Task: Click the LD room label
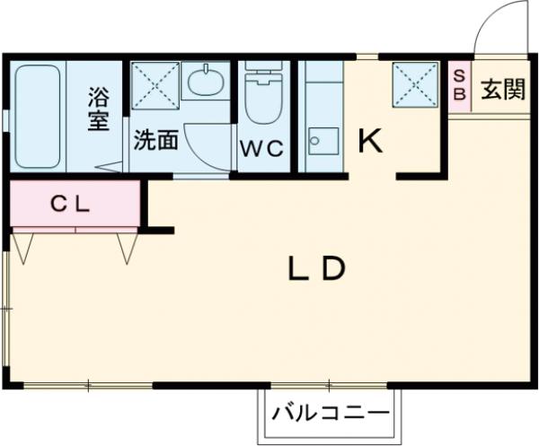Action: (x=316, y=268)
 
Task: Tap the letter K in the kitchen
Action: (x=371, y=141)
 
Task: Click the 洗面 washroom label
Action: (x=155, y=140)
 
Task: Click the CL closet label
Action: (x=69, y=205)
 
